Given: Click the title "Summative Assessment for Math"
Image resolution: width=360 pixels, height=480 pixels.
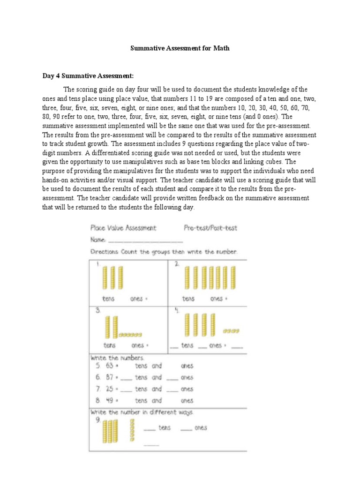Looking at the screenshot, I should (180, 48).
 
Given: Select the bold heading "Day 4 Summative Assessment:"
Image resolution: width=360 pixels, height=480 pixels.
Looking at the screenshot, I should (89, 75).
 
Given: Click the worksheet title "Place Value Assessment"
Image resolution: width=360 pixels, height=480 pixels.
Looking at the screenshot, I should (123, 228).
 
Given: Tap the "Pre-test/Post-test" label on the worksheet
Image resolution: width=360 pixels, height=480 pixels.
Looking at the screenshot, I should (210, 228).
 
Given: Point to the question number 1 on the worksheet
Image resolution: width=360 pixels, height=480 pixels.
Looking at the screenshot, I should (98, 264).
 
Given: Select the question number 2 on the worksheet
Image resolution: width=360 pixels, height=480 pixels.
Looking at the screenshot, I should (177, 264).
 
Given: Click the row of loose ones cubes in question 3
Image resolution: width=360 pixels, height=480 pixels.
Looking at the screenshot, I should (130, 335).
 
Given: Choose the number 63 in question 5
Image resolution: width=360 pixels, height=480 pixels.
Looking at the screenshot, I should (109, 366).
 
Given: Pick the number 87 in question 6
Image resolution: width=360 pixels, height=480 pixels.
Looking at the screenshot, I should (109, 377).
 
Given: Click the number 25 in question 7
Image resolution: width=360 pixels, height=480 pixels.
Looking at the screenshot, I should (109, 389).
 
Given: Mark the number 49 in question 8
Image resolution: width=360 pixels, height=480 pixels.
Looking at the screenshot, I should (109, 401).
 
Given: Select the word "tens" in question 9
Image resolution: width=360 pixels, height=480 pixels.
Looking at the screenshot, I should (165, 428).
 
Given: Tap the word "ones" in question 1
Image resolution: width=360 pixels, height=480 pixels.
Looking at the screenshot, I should (136, 299).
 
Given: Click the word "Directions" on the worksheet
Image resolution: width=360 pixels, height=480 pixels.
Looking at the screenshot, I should (105, 252).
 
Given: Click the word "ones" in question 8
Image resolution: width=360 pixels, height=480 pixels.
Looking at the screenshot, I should (187, 401).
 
